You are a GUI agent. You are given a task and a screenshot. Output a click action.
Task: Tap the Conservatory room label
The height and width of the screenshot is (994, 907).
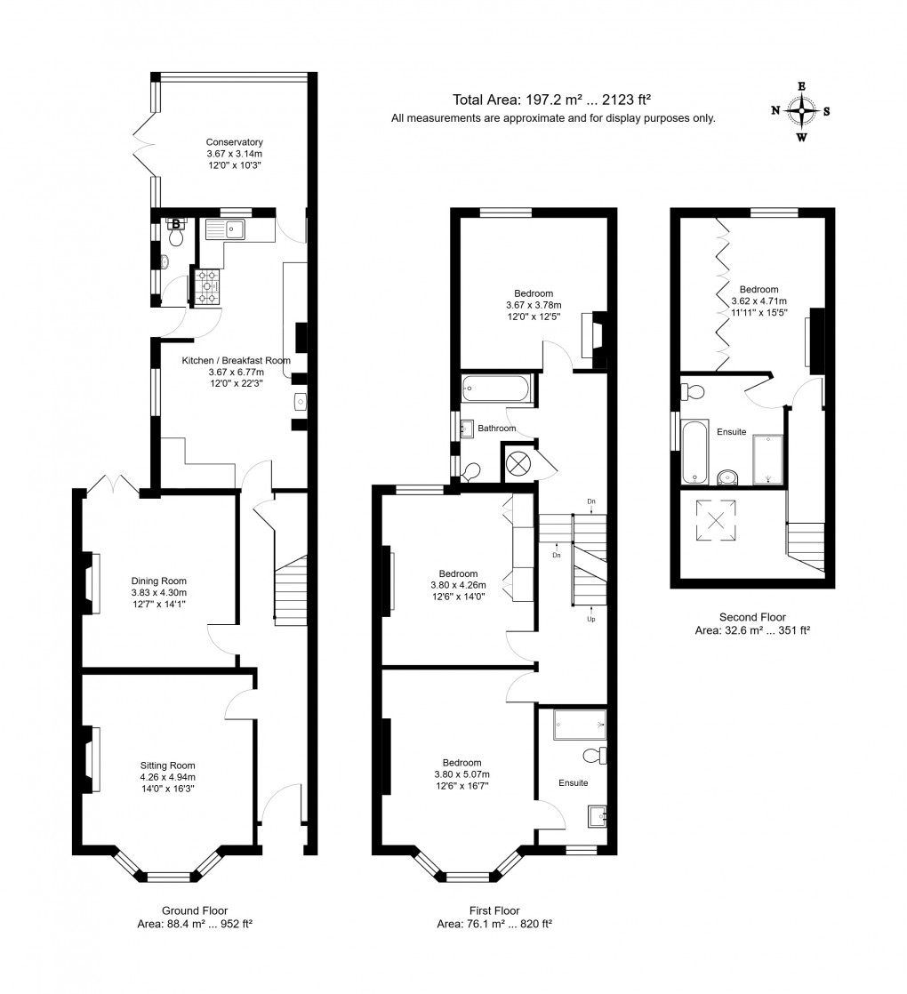(234, 141)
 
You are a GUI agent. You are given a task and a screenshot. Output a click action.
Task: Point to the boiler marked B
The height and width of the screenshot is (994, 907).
(176, 225)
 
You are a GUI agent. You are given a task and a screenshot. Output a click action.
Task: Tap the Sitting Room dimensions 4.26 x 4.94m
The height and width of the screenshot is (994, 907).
(167, 775)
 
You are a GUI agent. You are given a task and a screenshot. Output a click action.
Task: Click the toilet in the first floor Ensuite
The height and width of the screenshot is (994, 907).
(596, 756)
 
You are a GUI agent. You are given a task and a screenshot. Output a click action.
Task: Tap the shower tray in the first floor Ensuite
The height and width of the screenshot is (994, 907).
(579, 724)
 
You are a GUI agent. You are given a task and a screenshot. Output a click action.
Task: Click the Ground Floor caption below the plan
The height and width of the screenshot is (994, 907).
(194, 910)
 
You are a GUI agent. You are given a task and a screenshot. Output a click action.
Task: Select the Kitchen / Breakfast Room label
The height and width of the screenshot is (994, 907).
(237, 360)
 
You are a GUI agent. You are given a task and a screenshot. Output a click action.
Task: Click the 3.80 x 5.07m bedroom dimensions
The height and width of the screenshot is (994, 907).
(462, 774)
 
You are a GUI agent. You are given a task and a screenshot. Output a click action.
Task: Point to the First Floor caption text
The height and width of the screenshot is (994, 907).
(494, 910)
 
